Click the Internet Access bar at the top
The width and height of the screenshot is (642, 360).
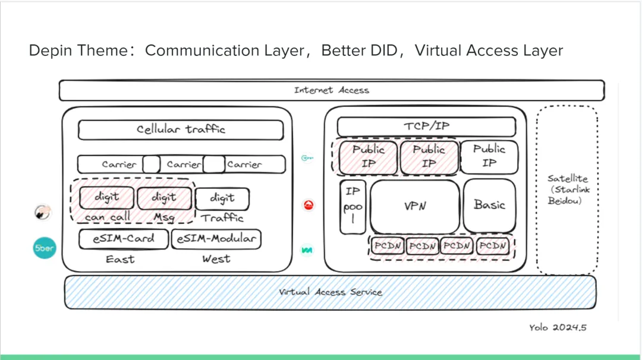coord(331,90)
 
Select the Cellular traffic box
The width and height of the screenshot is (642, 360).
coord(181,130)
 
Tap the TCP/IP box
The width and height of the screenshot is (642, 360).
coord(426,127)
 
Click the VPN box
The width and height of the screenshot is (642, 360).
coord(414,206)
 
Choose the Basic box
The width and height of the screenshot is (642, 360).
coord(489,205)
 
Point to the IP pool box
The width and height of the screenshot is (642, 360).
coord(353,207)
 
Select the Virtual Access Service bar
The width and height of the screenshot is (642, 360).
coord(331,292)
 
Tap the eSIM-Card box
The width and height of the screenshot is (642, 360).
coord(123,239)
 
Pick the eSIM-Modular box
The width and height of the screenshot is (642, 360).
coord(216,239)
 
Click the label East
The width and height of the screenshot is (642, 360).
coord(120,260)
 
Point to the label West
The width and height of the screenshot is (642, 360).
coord(216,260)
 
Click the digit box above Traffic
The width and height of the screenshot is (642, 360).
coord(222,198)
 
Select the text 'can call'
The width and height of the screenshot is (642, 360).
coord(108,217)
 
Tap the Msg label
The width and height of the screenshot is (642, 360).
coord(164,217)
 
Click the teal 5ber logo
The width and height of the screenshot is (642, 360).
coord(43,248)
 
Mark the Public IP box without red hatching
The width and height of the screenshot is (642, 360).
coord(489,156)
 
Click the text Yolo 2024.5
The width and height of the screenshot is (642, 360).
coord(558,327)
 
